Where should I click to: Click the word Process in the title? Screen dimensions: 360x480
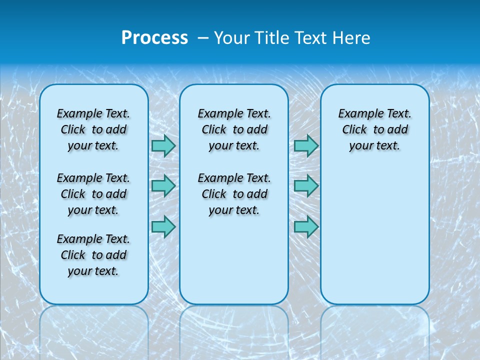click(x=154, y=37)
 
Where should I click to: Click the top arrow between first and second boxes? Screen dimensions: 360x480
click(x=163, y=145)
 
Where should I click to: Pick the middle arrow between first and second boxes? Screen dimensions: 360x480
click(x=163, y=186)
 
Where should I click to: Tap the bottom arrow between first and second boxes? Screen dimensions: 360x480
click(x=163, y=226)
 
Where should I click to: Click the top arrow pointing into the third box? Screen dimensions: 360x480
click(x=306, y=145)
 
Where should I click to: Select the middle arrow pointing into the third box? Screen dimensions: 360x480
click(x=306, y=186)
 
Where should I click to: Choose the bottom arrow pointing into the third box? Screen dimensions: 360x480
click(x=306, y=226)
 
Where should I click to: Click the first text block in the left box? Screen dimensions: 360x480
click(x=93, y=129)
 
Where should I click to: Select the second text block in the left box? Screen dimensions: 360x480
click(x=93, y=194)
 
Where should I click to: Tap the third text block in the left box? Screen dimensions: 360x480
click(x=93, y=255)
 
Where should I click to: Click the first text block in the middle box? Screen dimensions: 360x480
click(x=234, y=129)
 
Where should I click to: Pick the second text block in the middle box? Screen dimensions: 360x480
click(x=234, y=194)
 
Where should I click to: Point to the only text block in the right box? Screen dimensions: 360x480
click(x=374, y=129)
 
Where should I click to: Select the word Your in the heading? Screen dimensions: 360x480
click(x=232, y=37)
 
